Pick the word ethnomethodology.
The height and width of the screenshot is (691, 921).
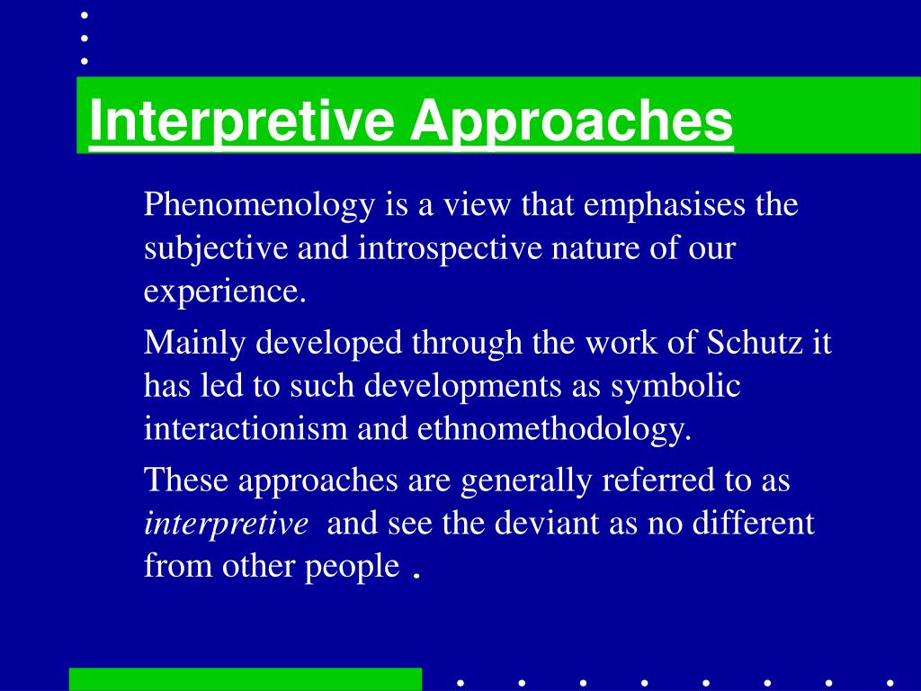(x=554, y=430)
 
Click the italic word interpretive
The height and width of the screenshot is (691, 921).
(x=226, y=524)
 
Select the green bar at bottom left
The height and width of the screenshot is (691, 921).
(x=246, y=679)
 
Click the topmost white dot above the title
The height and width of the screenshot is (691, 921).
(x=84, y=15)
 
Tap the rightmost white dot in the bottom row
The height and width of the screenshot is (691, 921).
(x=890, y=682)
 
